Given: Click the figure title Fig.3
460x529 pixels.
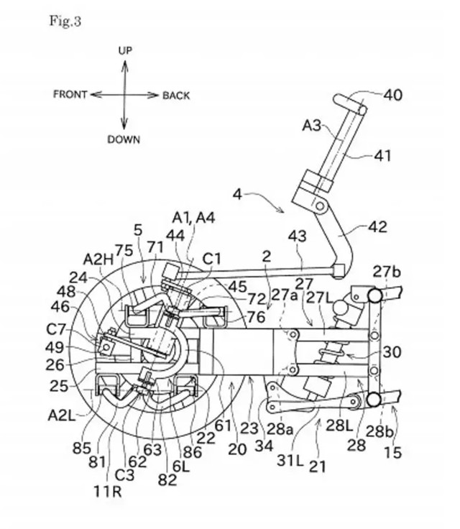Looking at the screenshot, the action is tap(65, 21).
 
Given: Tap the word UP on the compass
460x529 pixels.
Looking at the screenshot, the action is tap(125, 50).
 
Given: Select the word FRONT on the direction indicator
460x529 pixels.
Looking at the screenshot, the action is tap(70, 94).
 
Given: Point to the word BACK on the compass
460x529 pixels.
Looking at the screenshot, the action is tap(176, 96).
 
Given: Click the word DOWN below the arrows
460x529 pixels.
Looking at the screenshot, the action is tap(124, 139).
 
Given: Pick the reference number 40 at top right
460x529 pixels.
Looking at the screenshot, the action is tap(393, 95).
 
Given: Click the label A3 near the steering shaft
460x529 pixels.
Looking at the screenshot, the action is tap(311, 126).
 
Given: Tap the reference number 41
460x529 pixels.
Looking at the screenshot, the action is tap(382, 155).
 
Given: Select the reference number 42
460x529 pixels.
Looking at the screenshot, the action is tap(378, 226).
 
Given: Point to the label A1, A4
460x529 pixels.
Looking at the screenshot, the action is tap(194, 218).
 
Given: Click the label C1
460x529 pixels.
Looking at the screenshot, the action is tap(211, 259).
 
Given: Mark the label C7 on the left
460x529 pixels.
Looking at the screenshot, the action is tap(55, 329).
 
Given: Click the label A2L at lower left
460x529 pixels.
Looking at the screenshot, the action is tap(61, 415).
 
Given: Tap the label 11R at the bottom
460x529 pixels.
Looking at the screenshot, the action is tap(107, 492).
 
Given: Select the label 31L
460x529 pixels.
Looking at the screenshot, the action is tap(290, 460).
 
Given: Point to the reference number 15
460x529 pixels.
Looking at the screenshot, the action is tap(393, 452).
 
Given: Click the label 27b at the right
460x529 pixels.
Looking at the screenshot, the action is tap(387, 272).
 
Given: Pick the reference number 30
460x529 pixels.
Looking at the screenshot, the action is tap(392, 352).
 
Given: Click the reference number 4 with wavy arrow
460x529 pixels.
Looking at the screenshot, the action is tap(238, 194).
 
